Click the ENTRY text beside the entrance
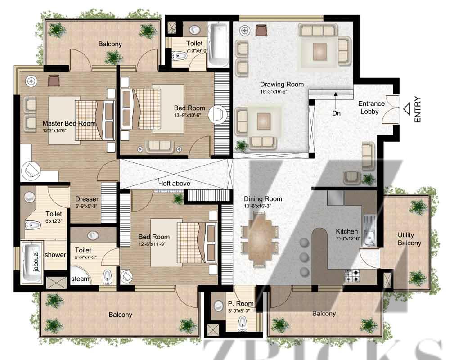tap(418, 110)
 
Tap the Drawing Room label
tap(282, 85)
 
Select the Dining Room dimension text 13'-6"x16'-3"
tap(257, 206)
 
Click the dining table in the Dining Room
tap(260, 239)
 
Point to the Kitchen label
tap(346, 231)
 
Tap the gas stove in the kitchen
tap(352, 276)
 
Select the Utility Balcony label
tap(409, 239)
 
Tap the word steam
tap(81, 279)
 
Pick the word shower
tap(55, 255)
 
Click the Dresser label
tap(87, 199)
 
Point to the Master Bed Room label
tap(69, 123)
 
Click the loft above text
tap(175, 184)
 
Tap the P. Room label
tap(240, 303)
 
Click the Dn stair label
tap(336, 113)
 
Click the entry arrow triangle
tap(407, 109)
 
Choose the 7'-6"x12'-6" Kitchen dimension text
tap(348, 238)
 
